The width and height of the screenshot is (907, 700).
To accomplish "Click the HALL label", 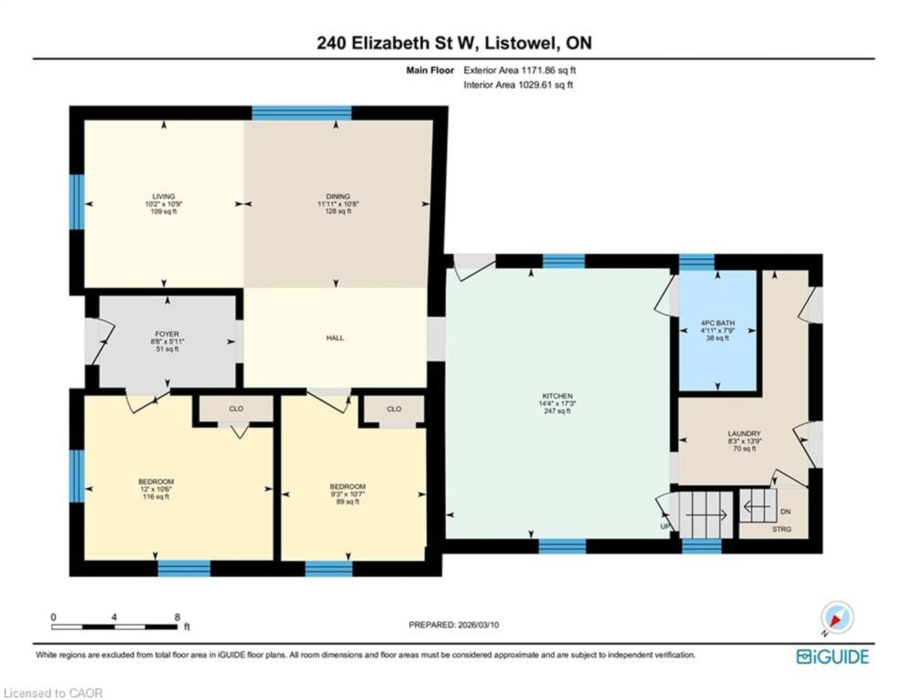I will pos(335,338).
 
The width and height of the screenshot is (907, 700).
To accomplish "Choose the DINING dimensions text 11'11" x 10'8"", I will pos(338,204).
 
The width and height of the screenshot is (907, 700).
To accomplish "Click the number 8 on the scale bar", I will pos(177,617).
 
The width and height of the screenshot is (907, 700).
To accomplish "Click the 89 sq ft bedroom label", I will pos(348,502).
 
